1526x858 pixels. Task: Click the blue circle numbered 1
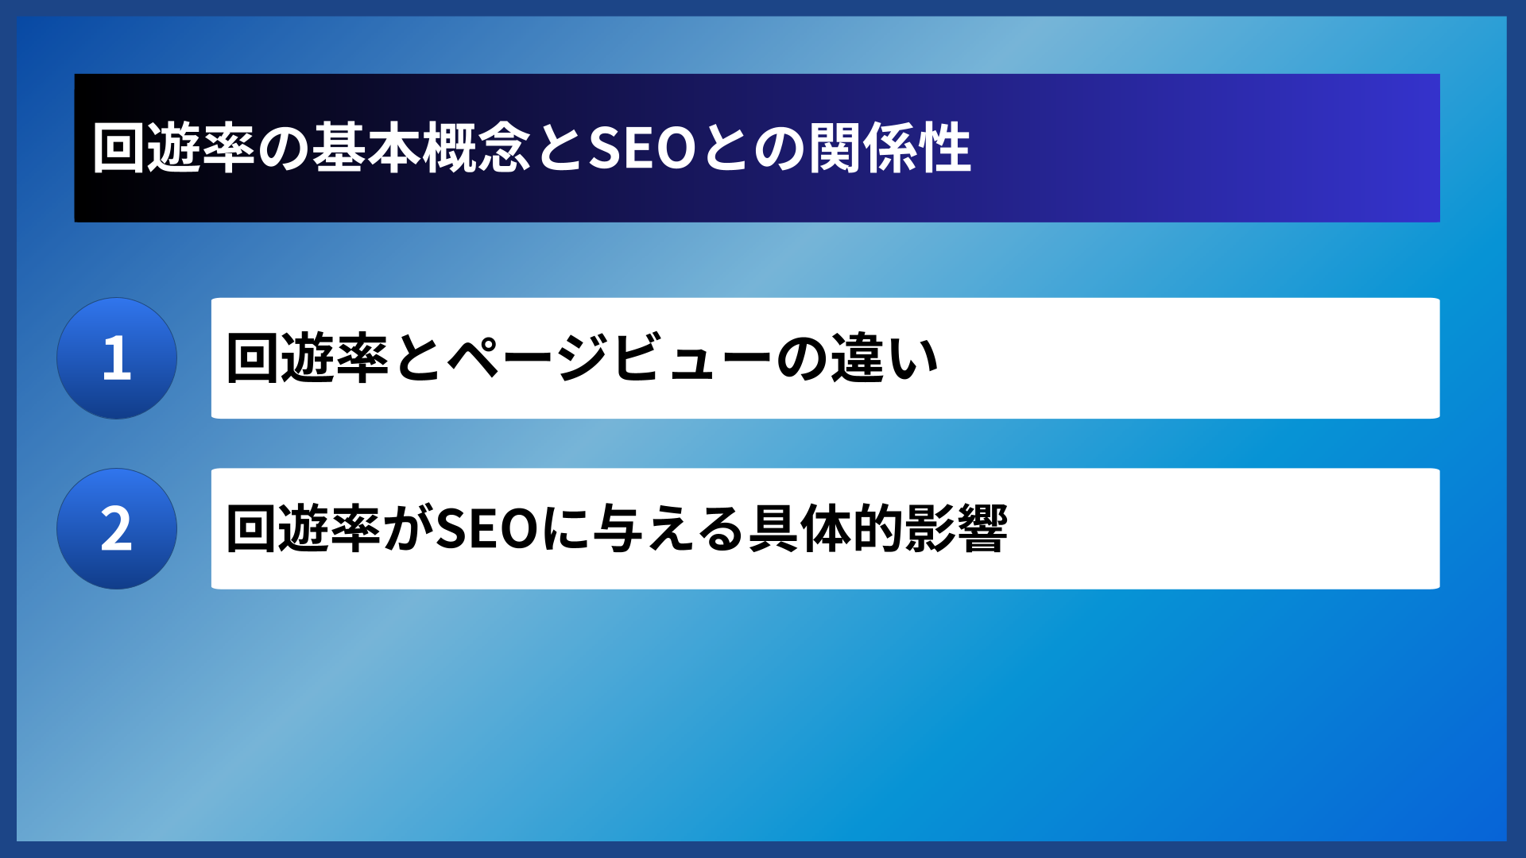pos(117,358)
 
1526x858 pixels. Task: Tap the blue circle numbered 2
pos(117,529)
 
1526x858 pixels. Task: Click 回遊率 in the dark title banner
pos(172,149)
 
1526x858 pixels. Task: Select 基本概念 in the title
pos(420,149)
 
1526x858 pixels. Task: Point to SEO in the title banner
pos(642,149)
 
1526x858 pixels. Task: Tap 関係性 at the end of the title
pos(890,149)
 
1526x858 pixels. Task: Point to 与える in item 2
pos(669,529)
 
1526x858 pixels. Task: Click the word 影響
pos(956,529)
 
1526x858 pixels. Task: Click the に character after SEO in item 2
pos(566,529)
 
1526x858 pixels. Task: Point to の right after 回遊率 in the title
pos(283,149)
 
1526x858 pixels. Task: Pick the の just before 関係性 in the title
pos(780,149)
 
